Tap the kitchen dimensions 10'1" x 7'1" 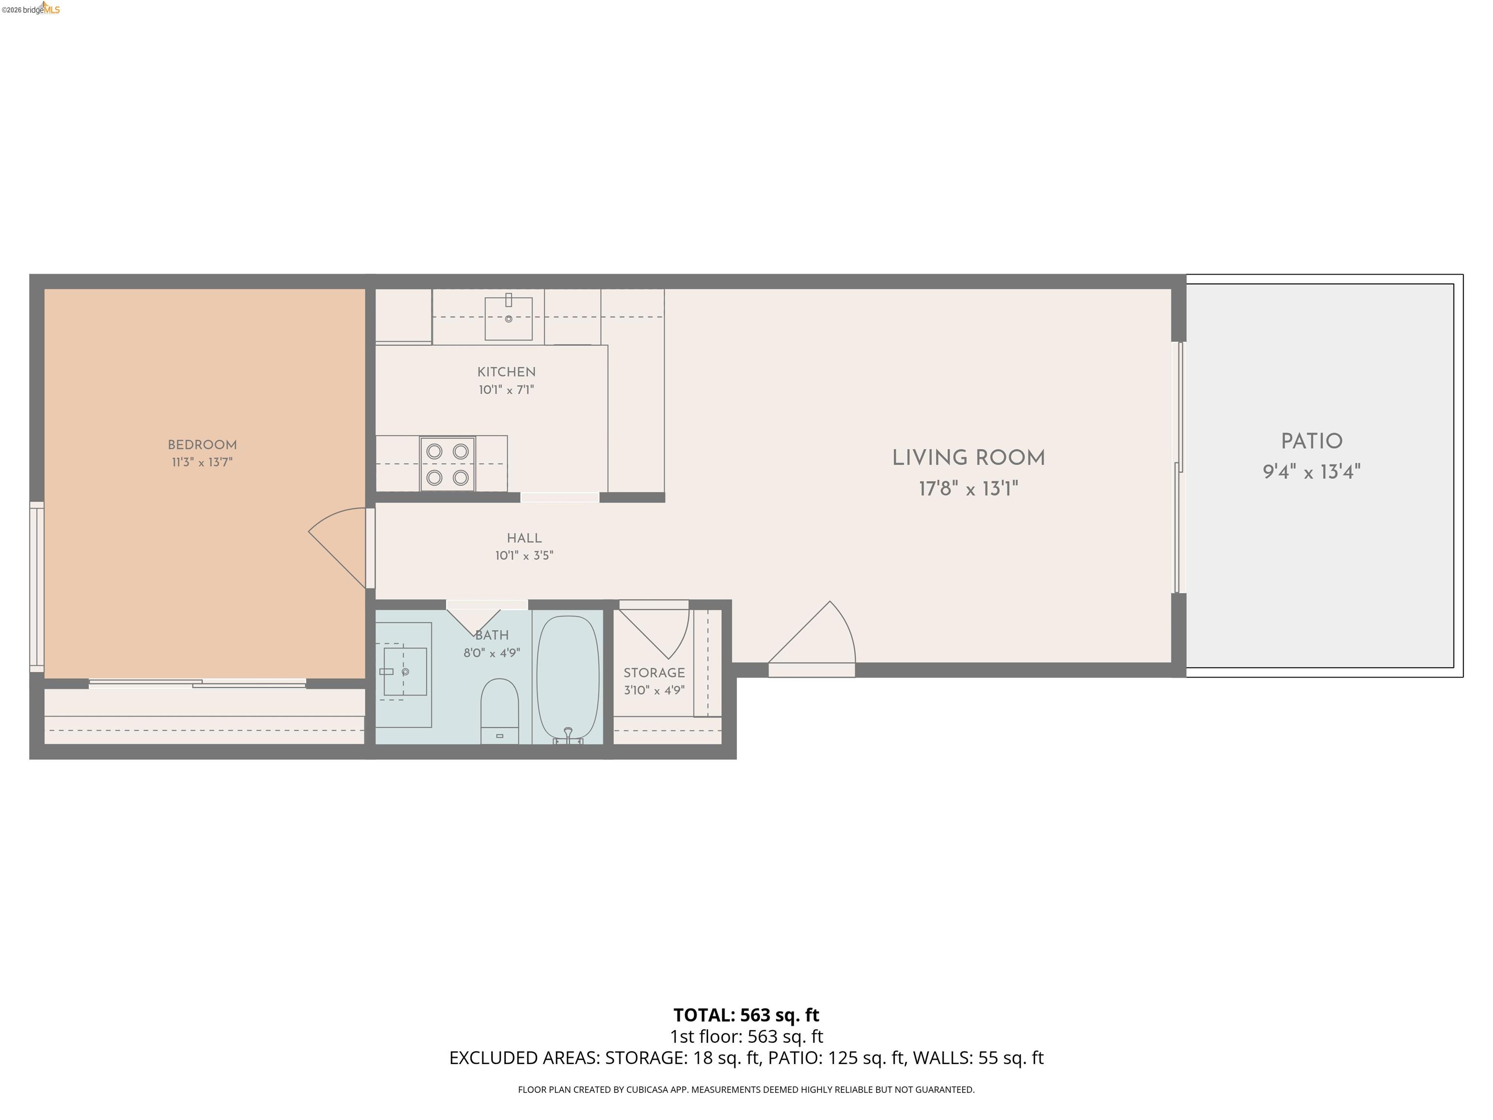(506, 389)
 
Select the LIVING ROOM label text (968, 458)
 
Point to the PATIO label (1311, 441)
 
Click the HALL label (524, 538)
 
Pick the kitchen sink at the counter (508, 318)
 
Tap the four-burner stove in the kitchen (447, 464)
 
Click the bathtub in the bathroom (568, 679)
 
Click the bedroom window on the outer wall (36, 587)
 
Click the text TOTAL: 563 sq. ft (746, 1015)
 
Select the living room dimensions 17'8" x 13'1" (968, 489)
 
